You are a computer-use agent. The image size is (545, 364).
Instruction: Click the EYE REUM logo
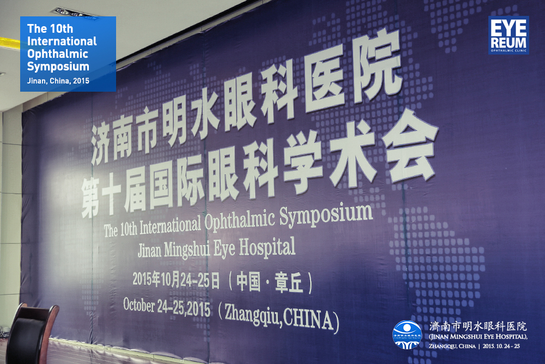click(508, 35)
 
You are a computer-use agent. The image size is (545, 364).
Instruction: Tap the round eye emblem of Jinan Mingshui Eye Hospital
click(407, 335)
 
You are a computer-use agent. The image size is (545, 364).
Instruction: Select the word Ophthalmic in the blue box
click(58, 54)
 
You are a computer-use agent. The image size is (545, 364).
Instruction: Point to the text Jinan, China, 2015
click(58, 81)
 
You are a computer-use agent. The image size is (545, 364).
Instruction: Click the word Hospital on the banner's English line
click(267, 247)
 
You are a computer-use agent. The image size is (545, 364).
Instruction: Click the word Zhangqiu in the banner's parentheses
click(252, 314)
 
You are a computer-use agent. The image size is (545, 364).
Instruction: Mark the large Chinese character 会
click(410, 146)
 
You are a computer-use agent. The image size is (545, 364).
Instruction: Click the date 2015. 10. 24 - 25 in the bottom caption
click(501, 346)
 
